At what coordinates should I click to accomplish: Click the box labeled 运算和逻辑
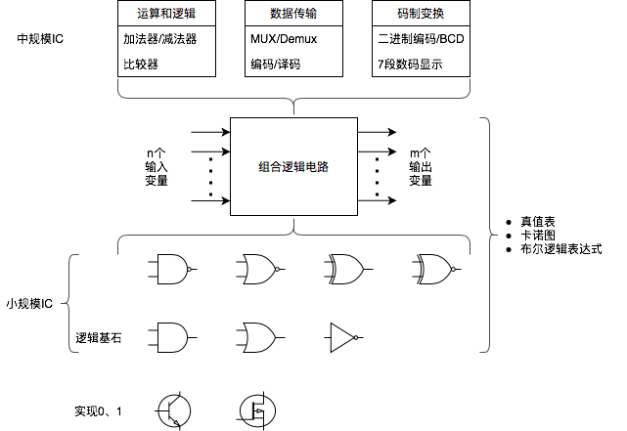(x=166, y=14)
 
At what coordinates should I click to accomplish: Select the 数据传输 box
(x=293, y=14)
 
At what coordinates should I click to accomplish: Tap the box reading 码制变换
(x=421, y=14)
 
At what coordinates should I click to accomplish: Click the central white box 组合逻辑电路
(x=293, y=167)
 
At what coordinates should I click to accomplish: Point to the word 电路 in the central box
(x=316, y=167)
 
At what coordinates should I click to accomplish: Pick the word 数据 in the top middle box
(x=282, y=14)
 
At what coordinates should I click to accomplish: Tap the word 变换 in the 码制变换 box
(x=432, y=14)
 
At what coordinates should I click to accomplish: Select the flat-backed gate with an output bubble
(x=172, y=269)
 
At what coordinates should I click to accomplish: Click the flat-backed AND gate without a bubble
(x=172, y=338)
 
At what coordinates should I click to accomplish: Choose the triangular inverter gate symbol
(x=341, y=338)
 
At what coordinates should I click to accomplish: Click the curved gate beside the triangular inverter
(x=259, y=338)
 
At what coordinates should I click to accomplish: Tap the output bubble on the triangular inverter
(x=356, y=338)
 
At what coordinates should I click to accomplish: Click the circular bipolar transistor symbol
(x=174, y=411)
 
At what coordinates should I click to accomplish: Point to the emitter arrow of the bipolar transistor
(x=181, y=419)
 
